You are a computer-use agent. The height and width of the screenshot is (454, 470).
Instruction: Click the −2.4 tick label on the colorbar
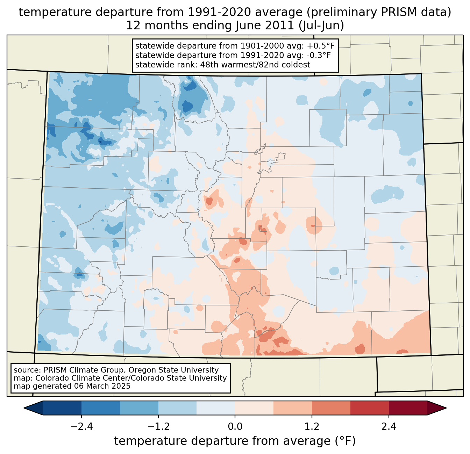click(81, 427)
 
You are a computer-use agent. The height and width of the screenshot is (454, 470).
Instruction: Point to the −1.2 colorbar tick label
click(158, 427)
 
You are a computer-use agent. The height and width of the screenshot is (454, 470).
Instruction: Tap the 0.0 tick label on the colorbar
click(235, 427)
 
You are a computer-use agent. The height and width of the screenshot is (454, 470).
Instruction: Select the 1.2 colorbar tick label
click(312, 427)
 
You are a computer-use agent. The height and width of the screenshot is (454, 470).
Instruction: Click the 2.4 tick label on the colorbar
click(389, 427)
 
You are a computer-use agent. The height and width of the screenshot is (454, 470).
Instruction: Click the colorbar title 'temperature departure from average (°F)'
click(235, 441)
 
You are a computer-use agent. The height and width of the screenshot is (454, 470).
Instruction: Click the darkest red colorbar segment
click(408, 408)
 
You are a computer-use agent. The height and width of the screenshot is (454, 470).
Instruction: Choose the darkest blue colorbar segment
click(62, 408)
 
